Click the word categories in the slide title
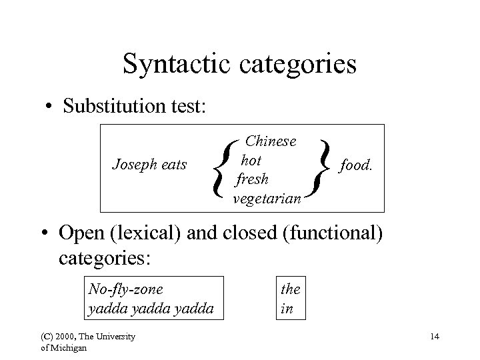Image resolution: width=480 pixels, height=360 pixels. coord(295,65)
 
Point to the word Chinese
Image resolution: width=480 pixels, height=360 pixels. coord(271,141)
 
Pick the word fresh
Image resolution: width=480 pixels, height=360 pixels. coord(252,179)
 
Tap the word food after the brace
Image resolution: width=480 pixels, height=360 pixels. coord(355,164)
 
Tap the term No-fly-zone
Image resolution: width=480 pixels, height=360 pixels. coord(126,289)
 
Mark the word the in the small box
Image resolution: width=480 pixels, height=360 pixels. coord(291,289)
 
